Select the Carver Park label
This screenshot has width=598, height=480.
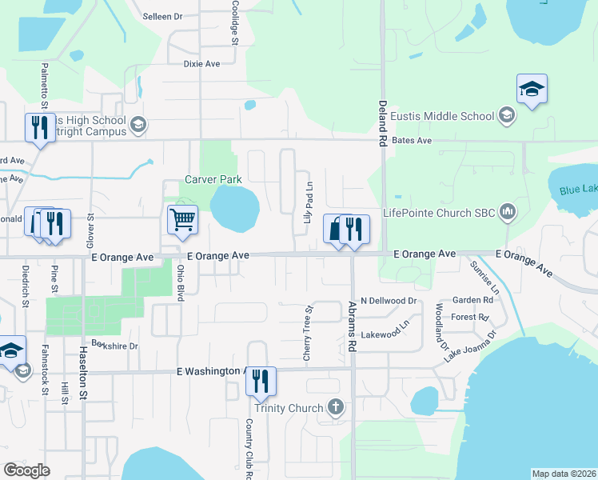pos(212,179)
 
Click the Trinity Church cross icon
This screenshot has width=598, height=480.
pos(336,408)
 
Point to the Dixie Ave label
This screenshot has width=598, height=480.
pos(201,63)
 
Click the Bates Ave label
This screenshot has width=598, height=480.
pos(413,141)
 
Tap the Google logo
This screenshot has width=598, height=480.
pos(27,470)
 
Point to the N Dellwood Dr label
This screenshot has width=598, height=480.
pos(389,301)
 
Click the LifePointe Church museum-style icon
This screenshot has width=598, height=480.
pos(505,212)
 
